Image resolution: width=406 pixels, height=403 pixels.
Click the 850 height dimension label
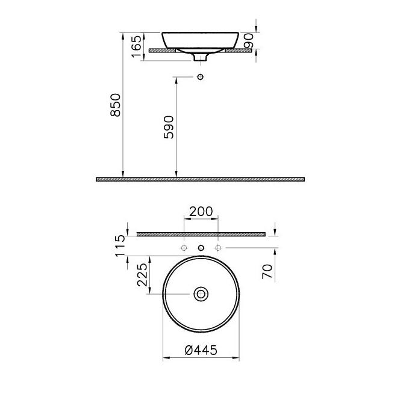[117, 105]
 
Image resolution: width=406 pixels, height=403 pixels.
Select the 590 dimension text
[169, 127]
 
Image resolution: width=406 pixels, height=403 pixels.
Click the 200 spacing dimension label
[201, 212]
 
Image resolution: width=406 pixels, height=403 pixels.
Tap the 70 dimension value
[268, 271]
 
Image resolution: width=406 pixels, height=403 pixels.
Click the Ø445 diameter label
[201, 350]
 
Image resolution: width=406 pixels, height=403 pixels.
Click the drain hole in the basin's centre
[201, 294]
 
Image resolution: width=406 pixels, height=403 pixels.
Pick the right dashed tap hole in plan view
[219, 247]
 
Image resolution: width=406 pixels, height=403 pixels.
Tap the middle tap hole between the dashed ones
[201, 247]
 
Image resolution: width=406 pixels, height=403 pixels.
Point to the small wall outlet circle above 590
[201, 77]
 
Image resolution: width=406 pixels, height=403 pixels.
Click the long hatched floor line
[200, 179]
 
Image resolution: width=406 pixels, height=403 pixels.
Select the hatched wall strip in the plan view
[201, 234]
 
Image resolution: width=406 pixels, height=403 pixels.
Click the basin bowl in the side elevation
[201, 39]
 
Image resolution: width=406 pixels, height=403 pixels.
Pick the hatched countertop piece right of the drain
[237, 51]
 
